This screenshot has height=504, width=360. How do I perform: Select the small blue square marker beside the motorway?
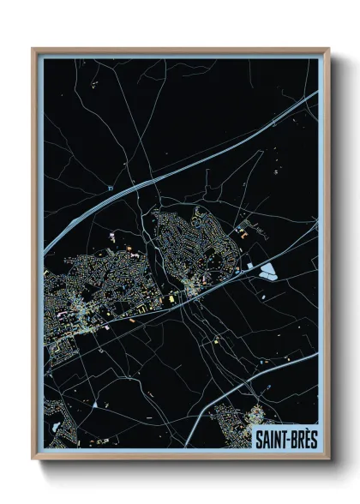click(x=111, y=188)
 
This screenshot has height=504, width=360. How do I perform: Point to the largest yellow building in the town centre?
click(x=171, y=297)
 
